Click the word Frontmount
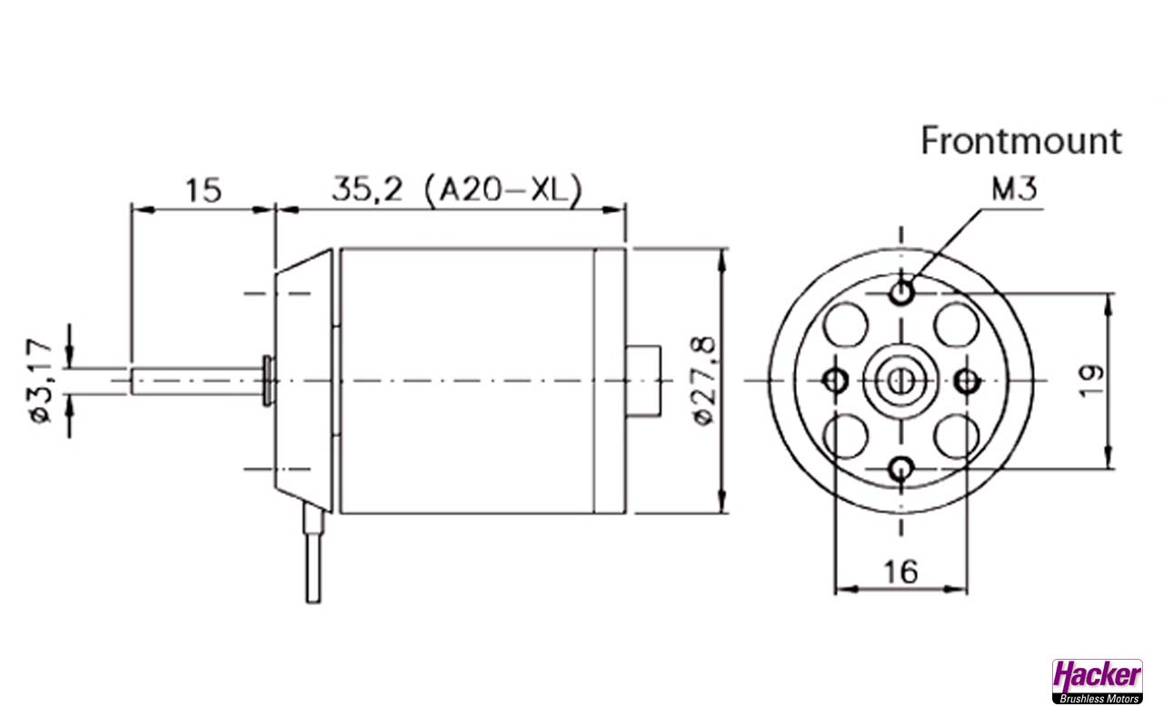(x=1021, y=141)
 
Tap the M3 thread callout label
(x=1014, y=190)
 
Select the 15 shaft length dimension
(x=204, y=190)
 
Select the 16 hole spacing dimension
(x=900, y=572)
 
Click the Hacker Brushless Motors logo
(x=1097, y=681)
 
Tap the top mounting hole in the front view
(x=901, y=293)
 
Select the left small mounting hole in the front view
(x=835, y=380)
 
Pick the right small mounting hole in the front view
(x=967, y=380)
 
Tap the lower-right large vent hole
(x=955, y=436)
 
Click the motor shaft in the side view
(x=195, y=380)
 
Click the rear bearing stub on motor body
(x=646, y=380)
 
